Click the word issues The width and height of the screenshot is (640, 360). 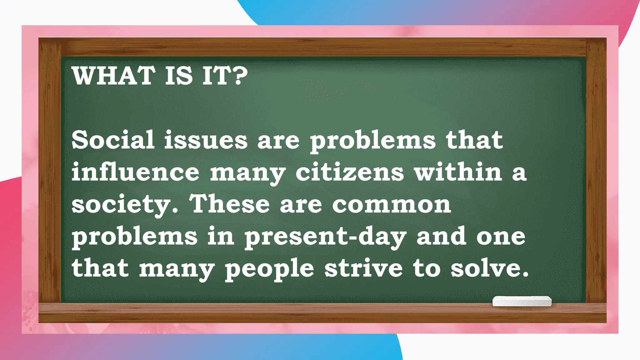(206, 140)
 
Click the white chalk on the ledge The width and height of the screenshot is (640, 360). (522, 301)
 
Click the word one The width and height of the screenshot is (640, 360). (501, 237)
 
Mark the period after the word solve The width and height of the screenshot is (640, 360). (525, 275)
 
